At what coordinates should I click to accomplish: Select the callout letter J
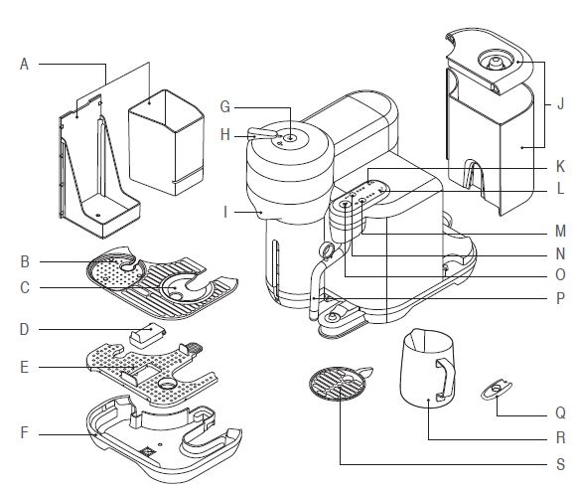coord(561,102)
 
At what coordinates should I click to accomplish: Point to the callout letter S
coord(561,464)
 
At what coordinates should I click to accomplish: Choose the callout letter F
coord(24,433)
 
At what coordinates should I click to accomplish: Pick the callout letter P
coord(561,297)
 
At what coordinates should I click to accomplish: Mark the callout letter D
coord(24,327)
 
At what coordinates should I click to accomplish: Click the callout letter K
coord(561,165)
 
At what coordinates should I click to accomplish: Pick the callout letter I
coord(226,211)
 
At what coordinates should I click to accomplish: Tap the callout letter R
coord(561,437)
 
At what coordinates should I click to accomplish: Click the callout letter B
coord(24,263)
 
